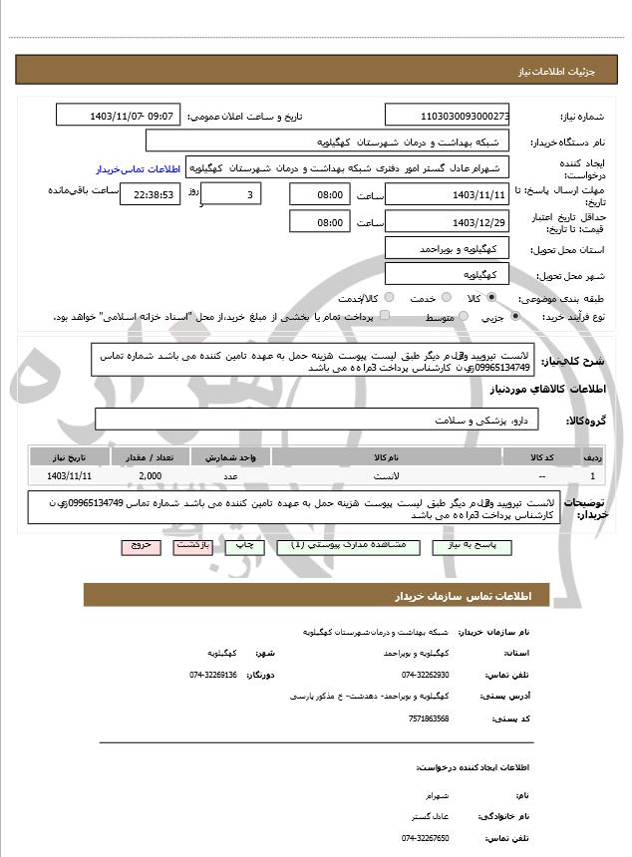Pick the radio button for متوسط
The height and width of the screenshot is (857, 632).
[461, 316]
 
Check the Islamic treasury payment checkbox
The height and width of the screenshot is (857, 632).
[385, 316]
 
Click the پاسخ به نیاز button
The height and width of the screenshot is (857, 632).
[483, 547]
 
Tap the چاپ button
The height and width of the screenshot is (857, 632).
[241, 547]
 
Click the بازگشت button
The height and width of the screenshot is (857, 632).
[191, 547]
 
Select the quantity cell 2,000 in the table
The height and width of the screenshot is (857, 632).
[151, 477]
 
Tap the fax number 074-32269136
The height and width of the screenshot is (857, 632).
[213, 675]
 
